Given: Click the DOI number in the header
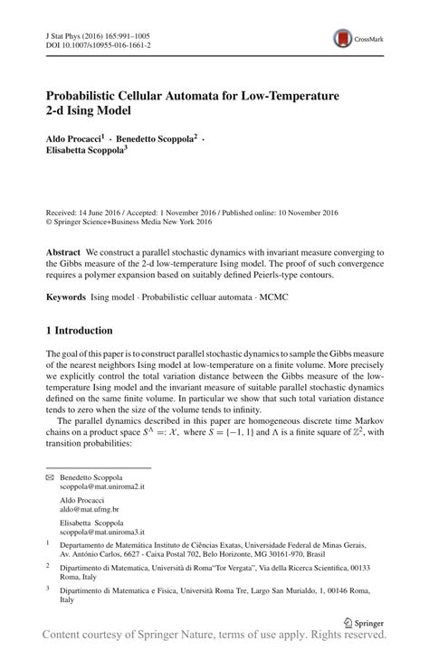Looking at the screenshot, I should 106,43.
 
